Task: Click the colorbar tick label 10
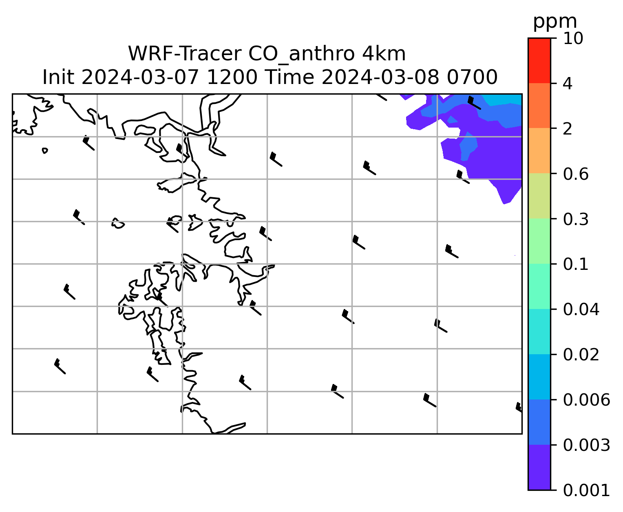573,38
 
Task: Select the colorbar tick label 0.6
575,174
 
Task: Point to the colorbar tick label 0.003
586,445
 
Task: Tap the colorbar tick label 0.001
586,490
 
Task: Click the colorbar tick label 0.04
581,309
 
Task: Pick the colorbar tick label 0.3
575,219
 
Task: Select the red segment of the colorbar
539,60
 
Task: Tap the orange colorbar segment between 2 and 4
539,106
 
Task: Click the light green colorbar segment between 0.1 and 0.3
539,241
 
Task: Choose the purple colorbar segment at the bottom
539,468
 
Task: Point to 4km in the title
384,54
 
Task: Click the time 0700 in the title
472,77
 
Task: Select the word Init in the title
58,77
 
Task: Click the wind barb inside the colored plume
474,103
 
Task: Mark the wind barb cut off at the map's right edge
519,408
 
